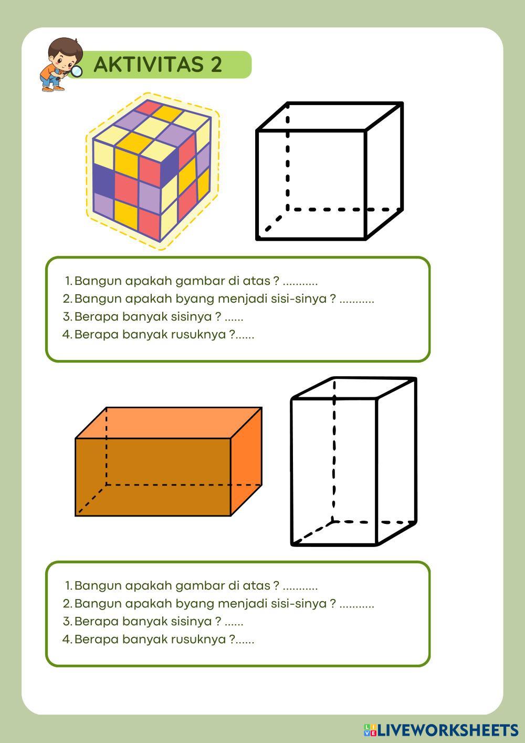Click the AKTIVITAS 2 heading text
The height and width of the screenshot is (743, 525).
(158, 64)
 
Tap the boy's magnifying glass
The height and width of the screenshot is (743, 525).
(76, 71)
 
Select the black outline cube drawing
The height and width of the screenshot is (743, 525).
(330, 171)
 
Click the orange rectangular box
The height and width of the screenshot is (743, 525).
(169, 461)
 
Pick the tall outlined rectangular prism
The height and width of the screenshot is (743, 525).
(353, 461)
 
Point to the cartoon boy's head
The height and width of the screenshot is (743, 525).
(65, 53)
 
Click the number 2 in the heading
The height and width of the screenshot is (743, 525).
(216, 64)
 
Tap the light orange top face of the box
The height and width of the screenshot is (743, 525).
(169, 422)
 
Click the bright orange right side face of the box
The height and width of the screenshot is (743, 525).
(246, 461)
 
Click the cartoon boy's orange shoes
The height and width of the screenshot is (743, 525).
(53, 89)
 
